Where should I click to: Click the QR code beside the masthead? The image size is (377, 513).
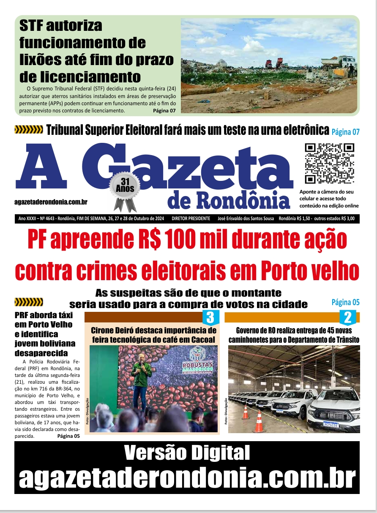pyautogui.click(x=330, y=164)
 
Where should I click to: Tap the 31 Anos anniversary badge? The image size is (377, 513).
pyautogui.click(x=125, y=186)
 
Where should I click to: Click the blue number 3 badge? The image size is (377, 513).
pyautogui.click(x=211, y=317)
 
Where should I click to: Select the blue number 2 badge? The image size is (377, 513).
pyautogui.click(x=348, y=317)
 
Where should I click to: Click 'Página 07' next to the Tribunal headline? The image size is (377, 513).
pyautogui.click(x=345, y=132)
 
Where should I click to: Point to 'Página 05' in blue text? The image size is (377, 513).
pyautogui.click(x=345, y=302)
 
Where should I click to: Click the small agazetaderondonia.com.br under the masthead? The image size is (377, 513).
pyautogui.click(x=51, y=202)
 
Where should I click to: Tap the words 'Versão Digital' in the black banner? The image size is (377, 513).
pyautogui.click(x=187, y=453)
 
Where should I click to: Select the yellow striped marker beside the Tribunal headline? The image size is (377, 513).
pyautogui.click(x=29, y=130)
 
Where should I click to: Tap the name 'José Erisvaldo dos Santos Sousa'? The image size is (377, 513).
pyautogui.click(x=244, y=219)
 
